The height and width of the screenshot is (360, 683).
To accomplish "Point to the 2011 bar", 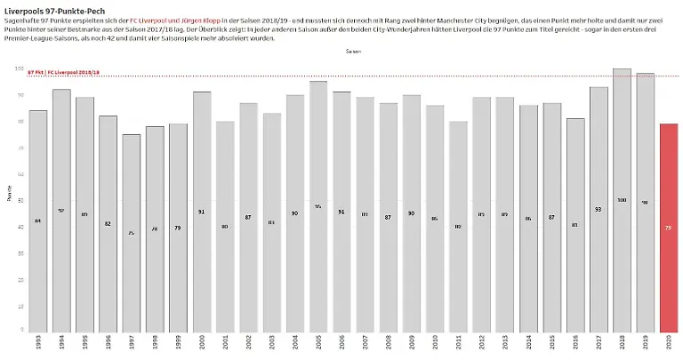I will (x=459, y=226).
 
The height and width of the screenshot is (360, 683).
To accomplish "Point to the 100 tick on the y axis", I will (x=20, y=68).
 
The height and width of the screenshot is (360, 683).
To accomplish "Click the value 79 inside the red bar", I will (x=669, y=228).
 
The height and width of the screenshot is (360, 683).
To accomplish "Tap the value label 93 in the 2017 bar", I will (x=599, y=209).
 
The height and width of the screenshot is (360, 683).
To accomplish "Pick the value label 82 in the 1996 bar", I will (x=108, y=223).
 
